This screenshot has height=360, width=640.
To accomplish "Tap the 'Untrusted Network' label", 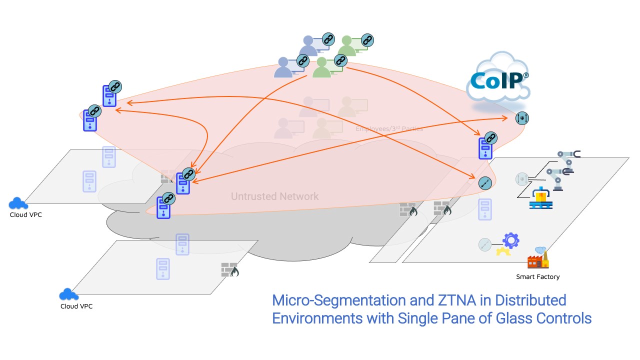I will click(274, 196).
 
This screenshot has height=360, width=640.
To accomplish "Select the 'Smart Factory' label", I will click(537, 276).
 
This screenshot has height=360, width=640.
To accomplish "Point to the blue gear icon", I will click(510, 240).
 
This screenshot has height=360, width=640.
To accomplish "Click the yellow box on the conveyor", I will click(540, 196).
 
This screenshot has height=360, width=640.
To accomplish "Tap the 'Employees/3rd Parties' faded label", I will click(389, 128).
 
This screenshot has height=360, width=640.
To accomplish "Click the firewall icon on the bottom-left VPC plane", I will click(230, 270).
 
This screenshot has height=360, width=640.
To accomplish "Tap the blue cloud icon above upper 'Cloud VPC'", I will click(18, 203).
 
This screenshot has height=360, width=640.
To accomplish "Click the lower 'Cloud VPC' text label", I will click(76, 306).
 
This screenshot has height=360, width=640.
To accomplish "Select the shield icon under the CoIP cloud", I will click(522, 118).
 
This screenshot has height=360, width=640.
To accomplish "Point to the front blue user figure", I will click(283, 68).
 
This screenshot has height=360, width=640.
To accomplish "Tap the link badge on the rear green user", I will click(367, 39).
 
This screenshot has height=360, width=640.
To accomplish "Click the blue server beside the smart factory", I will click(485, 147).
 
